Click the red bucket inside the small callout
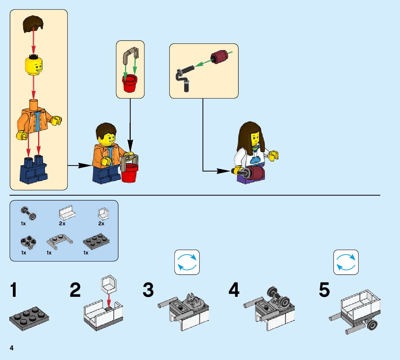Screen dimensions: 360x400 point(130,83)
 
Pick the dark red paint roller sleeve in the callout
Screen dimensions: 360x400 point(218,57)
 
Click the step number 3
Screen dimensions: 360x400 point(148,290)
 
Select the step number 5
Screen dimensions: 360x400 point(324,290)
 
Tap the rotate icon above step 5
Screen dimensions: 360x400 point(346,262)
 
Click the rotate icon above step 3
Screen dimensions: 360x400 point(187,262)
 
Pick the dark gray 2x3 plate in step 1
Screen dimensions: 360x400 point(29,316)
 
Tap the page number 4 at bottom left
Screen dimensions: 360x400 point(11,348)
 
